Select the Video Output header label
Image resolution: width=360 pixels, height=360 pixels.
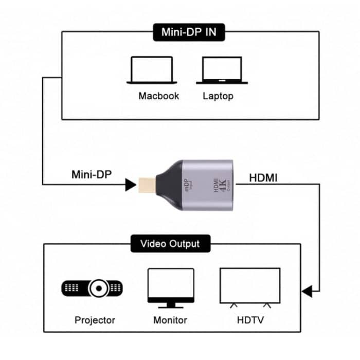(x=170, y=243)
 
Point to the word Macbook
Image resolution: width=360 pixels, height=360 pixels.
(x=158, y=96)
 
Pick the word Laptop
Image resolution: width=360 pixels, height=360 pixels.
(x=218, y=96)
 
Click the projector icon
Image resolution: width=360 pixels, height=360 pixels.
(x=92, y=288)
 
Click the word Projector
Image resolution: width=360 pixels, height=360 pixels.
(x=95, y=320)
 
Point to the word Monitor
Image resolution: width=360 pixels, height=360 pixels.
(x=170, y=320)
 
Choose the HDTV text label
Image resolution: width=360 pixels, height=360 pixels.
(x=250, y=320)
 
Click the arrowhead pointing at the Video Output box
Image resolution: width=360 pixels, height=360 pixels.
(x=307, y=292)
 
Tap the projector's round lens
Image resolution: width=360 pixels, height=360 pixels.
(x=98, y=289)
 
